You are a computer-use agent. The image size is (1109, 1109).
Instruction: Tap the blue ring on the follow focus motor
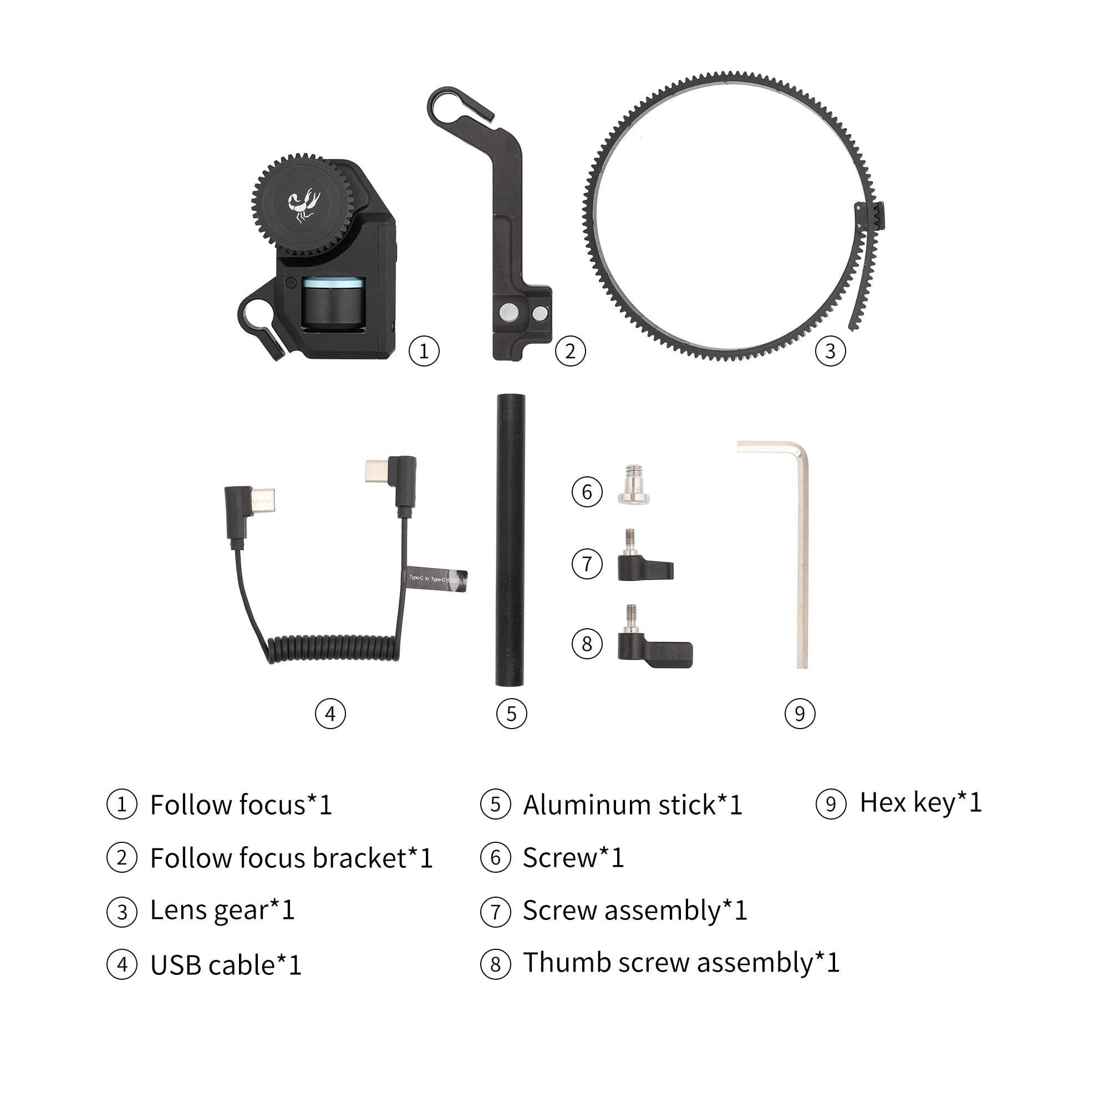pos(333,283)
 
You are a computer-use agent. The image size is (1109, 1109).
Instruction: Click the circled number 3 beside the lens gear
pos(830,351)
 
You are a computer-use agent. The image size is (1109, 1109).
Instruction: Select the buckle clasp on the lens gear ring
pos(871,217)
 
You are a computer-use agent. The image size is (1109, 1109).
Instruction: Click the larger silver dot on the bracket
pos(509,312)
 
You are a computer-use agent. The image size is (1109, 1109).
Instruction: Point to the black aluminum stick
pos(510,540)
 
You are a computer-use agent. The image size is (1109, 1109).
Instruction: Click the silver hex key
pos(801,551)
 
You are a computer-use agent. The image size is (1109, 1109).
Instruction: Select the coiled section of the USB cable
pos(333,647)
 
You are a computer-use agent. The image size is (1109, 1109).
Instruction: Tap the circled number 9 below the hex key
pos(800,714)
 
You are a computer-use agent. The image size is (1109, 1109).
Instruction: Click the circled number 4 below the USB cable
pos(330,714)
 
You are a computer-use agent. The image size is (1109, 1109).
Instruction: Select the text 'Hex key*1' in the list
pos(920,802)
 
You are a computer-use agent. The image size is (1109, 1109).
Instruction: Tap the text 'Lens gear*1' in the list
pos(222,910)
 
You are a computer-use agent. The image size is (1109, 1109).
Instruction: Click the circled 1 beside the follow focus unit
pos(424,351)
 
